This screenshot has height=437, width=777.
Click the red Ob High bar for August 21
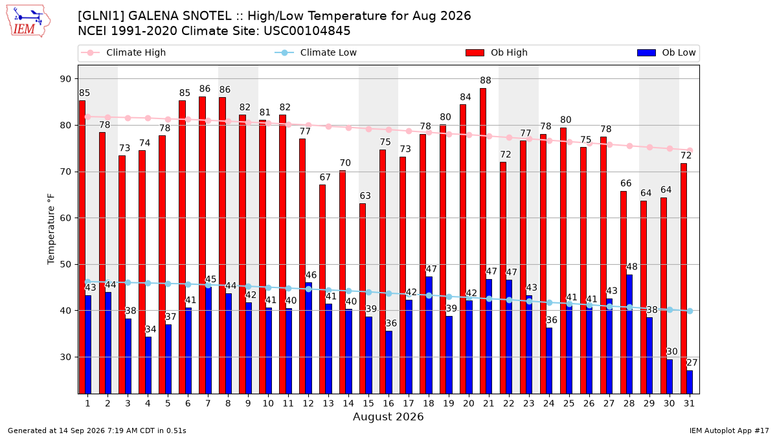[483, 241]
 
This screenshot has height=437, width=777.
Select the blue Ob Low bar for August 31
[690, 382]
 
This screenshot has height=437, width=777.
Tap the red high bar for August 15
[363, 298]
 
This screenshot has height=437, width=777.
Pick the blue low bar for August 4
[148, 365]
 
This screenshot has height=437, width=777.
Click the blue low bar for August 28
[629, 334]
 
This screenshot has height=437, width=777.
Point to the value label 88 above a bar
[486, 80]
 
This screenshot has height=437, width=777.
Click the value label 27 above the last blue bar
[692, 363]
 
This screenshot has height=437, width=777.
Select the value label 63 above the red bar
[365, 196]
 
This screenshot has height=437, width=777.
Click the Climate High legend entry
[123, 52]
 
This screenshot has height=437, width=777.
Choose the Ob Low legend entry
[666, 52]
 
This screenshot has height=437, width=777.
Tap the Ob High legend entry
[497, 52]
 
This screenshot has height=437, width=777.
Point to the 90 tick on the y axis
[65, 79]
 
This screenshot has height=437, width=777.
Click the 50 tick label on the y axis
[65, 265]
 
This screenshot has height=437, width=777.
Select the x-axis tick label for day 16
[388, 404]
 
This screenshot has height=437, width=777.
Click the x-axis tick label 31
[689, 404]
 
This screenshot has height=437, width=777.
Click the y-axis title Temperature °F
[51, 229]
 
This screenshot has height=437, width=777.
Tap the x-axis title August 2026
[388, 416]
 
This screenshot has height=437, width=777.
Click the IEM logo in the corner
[28, 21]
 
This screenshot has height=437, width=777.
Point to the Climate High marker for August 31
[690, 150]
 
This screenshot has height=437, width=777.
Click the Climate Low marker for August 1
[88, 282]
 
